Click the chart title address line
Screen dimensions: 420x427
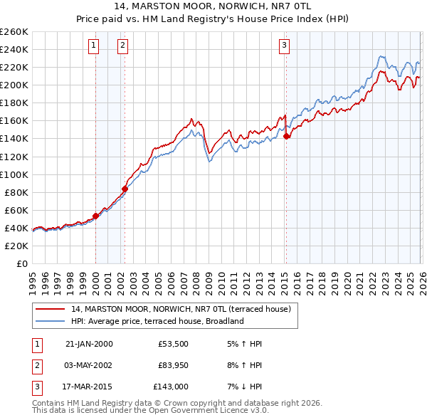[x=213, y=8]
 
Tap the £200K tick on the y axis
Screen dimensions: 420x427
[x=14, y=85]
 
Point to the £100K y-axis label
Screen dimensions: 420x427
[x=14, y=174]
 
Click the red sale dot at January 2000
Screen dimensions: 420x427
[x=95, y=216]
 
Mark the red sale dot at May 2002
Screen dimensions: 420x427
[x=125, y=189]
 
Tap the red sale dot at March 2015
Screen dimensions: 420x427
[x=286, y=136]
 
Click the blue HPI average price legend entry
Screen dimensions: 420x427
[x=157, y=321]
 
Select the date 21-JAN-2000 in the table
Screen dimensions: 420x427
[x=88, y=344]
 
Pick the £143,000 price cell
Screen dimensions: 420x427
[x=171, y=387]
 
